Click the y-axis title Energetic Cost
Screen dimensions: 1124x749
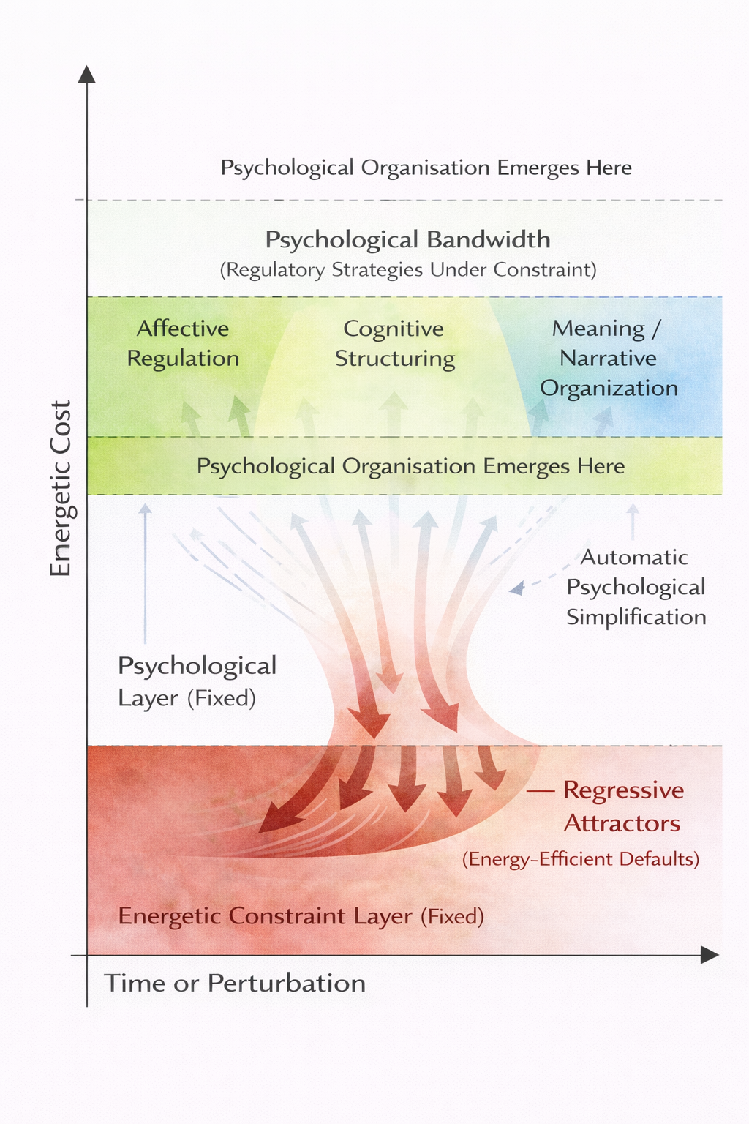point(60,488)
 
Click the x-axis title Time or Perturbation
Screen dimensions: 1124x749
point(235,983)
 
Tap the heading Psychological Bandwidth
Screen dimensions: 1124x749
point(407,239)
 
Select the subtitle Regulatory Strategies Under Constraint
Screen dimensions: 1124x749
point(408,270)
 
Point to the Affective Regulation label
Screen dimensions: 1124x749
point(183,343)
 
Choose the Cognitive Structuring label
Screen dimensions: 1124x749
point(394,343)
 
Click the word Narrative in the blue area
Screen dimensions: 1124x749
point(608,358)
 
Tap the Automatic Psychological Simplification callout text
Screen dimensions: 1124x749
point(636,587)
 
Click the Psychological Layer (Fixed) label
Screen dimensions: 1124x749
point(196,681)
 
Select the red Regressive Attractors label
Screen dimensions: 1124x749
point(622,806)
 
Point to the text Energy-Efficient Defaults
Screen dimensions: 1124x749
point(581,858)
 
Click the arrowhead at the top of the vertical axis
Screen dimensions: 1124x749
point(87,73)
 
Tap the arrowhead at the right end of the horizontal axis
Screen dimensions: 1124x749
point(709,955)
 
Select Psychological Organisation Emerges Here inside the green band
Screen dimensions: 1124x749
point(410,466)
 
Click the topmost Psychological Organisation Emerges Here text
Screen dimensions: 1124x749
point(426,168)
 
